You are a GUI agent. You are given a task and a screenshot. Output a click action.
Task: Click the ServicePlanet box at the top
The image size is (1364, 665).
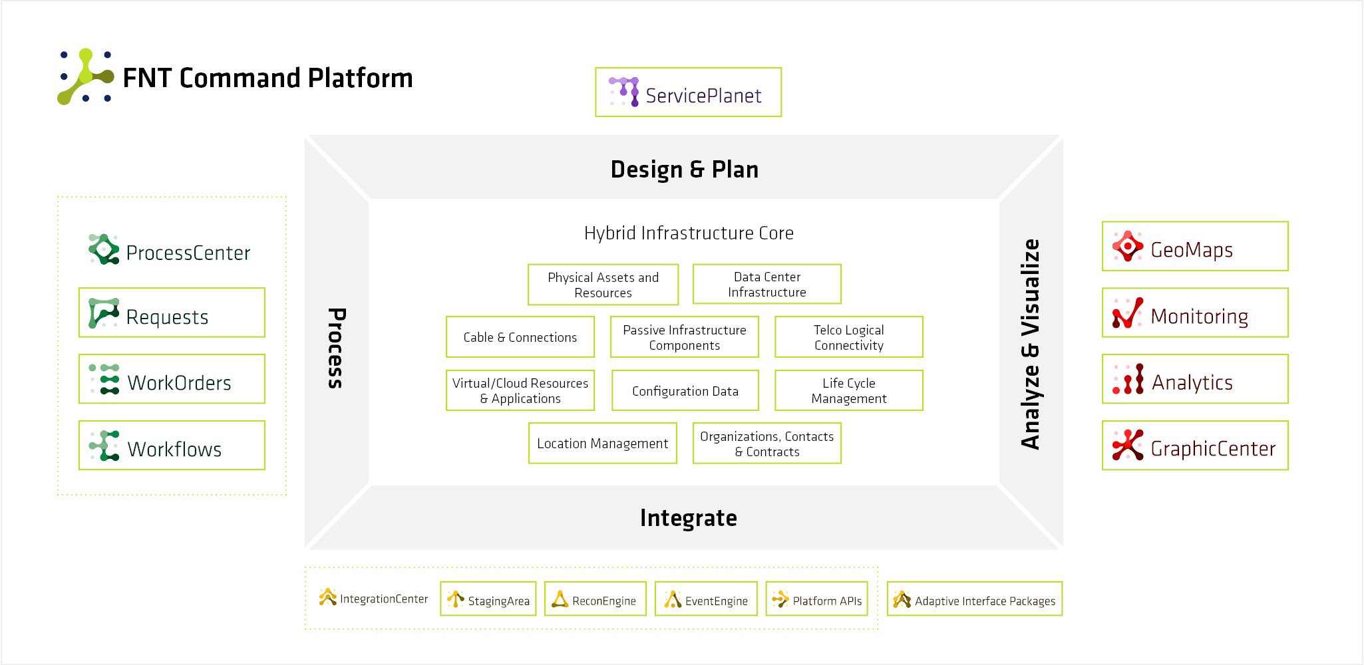[x=688, y=92]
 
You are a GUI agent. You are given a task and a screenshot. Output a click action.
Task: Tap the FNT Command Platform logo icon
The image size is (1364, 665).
[x=86, y=76]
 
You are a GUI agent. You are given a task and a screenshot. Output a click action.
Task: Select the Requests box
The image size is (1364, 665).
[x=172, y=313]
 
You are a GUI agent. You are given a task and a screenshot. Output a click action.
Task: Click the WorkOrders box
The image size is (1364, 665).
[x=172, y=379]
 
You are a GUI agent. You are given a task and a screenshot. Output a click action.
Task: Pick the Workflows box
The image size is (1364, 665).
[x=172, y=446]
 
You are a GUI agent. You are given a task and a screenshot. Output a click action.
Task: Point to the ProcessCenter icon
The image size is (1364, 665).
[x=104, y=249]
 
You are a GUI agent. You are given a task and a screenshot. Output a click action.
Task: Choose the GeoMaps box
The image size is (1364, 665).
[x=1195, y=246]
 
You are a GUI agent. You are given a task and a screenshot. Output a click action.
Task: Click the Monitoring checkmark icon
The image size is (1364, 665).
[x=1127, y=313]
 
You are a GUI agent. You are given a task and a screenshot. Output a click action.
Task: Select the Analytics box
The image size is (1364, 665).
[x=1195, y=379]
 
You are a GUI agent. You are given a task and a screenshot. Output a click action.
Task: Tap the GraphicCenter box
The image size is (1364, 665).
[x=1195, y=446]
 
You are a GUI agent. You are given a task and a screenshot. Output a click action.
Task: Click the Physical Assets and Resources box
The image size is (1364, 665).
[x=603, y=285]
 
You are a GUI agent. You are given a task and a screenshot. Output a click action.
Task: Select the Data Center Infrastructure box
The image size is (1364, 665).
[x=767, y=284]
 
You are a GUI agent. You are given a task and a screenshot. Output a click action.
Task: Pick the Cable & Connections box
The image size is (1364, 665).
[x=520, y=337]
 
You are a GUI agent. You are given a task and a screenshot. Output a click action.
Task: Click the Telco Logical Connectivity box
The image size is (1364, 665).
[x=848, y=337]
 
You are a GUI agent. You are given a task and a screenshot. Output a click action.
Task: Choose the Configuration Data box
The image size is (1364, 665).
[x=685, y=390]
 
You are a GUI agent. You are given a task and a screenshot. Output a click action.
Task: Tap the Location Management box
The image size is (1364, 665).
[x=602, y=444]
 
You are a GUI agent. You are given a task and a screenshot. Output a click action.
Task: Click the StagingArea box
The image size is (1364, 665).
[x=488, y=599]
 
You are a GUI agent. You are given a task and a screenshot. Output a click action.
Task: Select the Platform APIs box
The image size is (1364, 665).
[x=816, y=599]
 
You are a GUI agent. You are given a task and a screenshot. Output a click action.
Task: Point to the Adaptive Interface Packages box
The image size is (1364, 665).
[x=974, y=599]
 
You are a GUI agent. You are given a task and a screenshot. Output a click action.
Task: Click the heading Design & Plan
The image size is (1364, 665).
[x=684, y=170]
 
